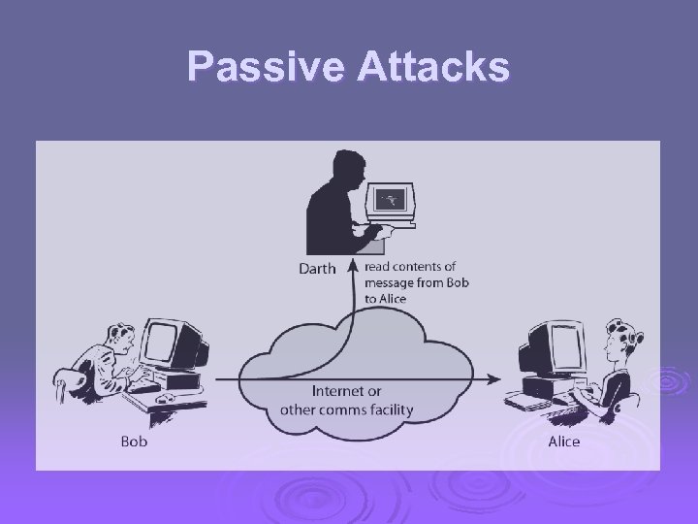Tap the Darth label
tap(316, 269)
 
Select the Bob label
tap(134, 442)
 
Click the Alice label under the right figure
tap(563, 442)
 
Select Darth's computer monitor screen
tap(393, 199)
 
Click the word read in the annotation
tap(379, 267)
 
